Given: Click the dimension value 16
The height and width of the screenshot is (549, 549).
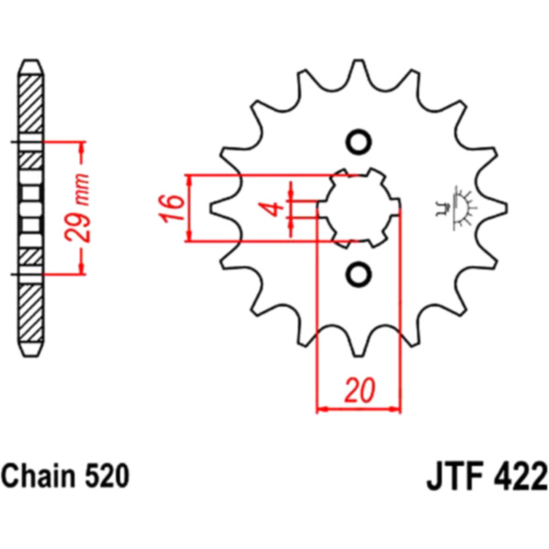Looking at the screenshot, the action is [172, 208].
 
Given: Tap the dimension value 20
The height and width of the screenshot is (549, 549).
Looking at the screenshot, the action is [360, 390].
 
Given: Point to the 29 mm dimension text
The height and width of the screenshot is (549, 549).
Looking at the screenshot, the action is [78, 208].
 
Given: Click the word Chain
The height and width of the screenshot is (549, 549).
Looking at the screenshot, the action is [38, 476].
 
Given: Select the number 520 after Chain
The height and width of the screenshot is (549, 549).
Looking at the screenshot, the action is [107, 476].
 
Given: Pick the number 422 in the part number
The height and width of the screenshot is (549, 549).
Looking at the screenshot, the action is [521, 477].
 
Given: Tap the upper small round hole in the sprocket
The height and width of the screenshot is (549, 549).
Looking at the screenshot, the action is [359, 142].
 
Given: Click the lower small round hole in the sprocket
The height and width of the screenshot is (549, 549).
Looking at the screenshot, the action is [359, 274].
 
